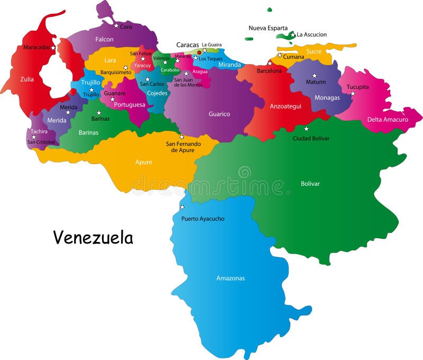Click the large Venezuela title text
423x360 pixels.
pyautogui.click(x=93, y=238)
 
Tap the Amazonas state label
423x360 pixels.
pyautogui.click(x=231, y=278)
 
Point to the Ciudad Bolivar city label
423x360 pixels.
pyautogui.click(x=311, y=138)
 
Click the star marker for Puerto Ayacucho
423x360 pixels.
pyautogui.click(x=182, y=207)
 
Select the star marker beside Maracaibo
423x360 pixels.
pyautogui.click(x=53, y=48)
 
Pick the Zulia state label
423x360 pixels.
pyautogui.click(x=27, y=79)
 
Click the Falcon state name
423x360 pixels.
pyautogui.click(x=104, y=39)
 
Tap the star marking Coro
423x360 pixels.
pyautogui.click(x=116, y=25)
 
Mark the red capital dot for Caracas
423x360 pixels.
pyautogui.click(x=199, y=52)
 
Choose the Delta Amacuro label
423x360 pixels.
pyautogui.click(x=388, y=120)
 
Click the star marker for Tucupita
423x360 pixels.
pyautogui.click(x=353, y=94)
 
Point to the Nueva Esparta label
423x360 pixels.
pyautogui.click(x=268, y=28)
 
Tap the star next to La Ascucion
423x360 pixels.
pyautogui.click(x=293, y=35)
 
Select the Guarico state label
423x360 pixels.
pyautogui.click(x=219, y=114)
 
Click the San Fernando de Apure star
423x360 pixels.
pyautogui.click(x=182, y=137)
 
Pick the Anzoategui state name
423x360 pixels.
pyautogui.click(x=286, y=106)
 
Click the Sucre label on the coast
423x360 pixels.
pyautogui.click(x=314, y=51)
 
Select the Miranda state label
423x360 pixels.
pyautogui.click(x=229, y=65)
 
